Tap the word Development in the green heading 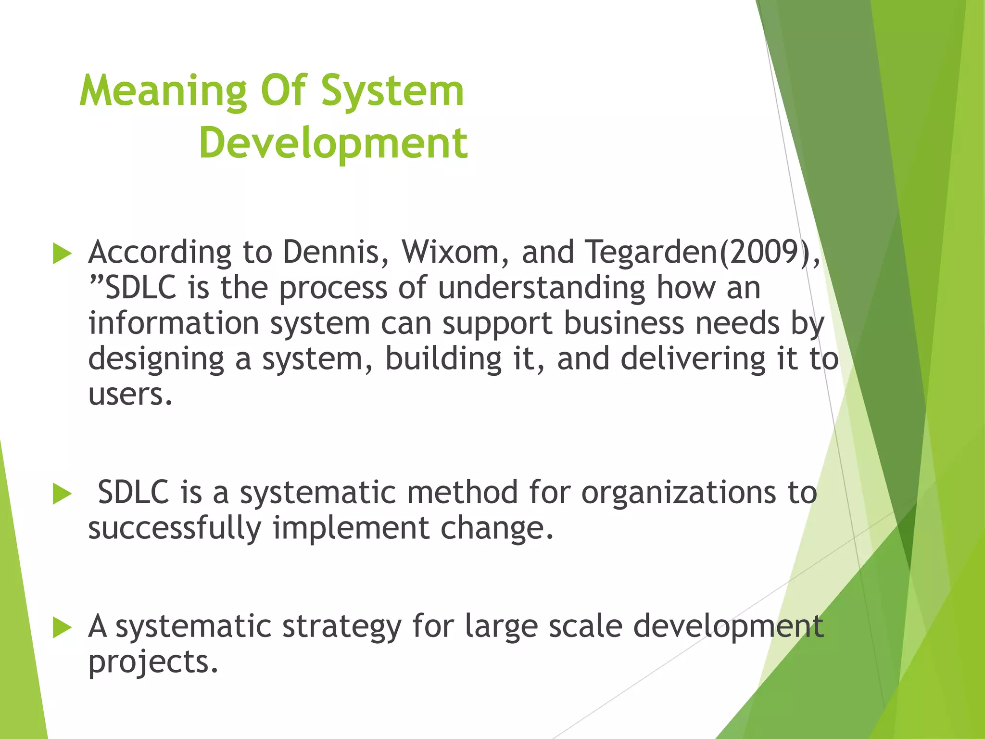click(x=333, y=143)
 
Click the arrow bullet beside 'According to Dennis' click(x=62, y=254)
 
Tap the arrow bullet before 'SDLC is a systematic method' click(x=62, y=494)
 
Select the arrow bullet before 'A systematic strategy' click(x=62, y=628)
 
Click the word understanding click(x=541, y=288)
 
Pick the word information click(x=174, y=323)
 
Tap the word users click(x=130, y=395)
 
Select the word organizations click(x=679, y=493)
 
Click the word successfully click(x=175, y=528)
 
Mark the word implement click(x=351, y=528)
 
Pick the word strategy click(x=341, y=627)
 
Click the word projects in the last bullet click(x=153, y=663)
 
